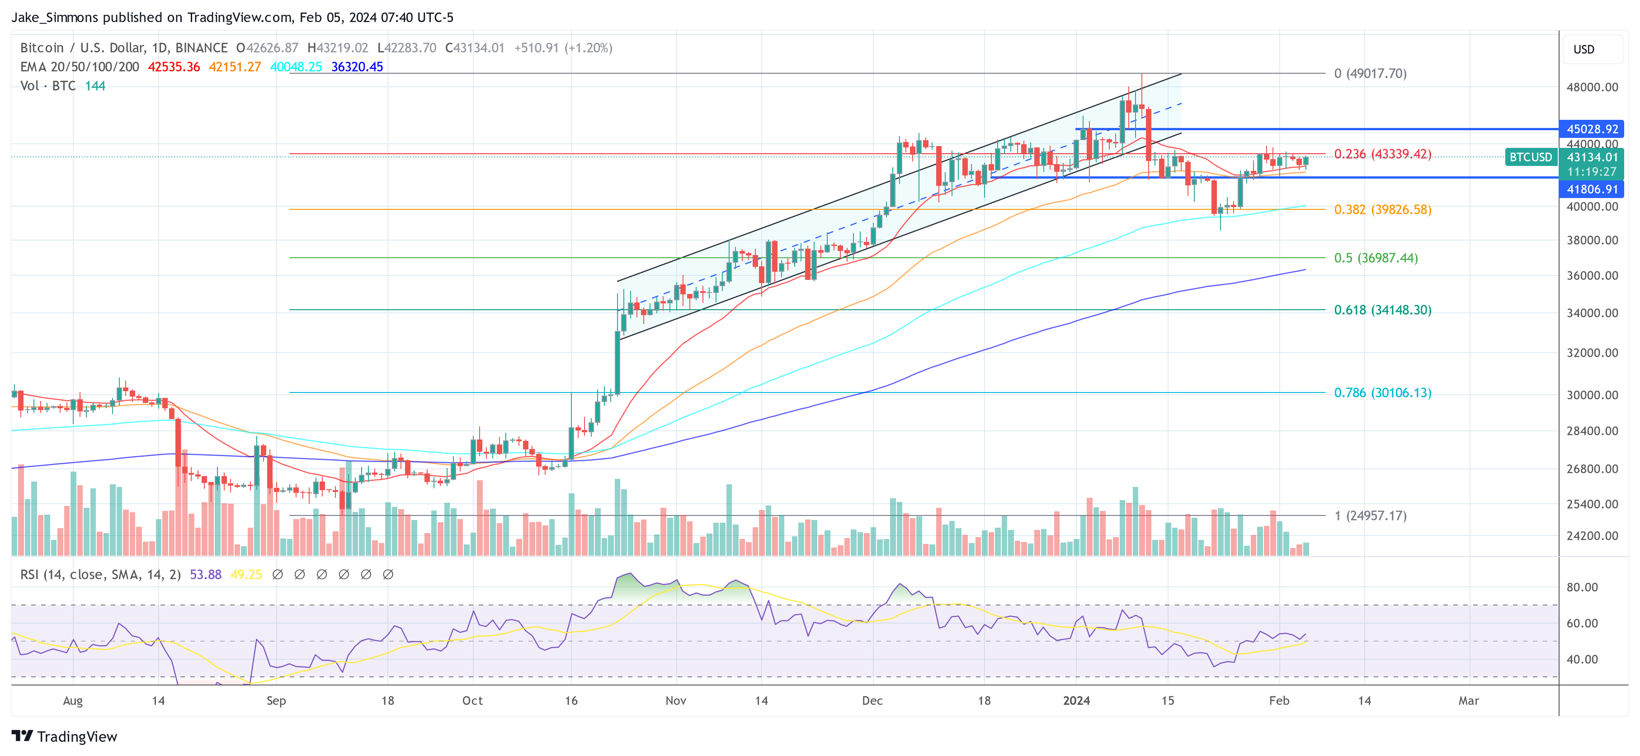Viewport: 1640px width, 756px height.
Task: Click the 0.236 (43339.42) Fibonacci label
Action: coord(1382,154)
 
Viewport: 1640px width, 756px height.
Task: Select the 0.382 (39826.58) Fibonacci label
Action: coord(1382,209)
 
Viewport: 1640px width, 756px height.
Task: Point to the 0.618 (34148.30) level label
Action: coord(1382,310)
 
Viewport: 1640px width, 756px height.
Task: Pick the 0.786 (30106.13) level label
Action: coord(1382,393)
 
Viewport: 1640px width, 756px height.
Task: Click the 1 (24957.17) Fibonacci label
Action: coord(1370,516)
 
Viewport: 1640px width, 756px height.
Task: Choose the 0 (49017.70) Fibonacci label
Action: coord(1370,73)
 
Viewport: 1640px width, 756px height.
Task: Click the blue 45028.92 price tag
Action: coord(1592,129)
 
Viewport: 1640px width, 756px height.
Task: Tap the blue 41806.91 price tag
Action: coord(1592,189)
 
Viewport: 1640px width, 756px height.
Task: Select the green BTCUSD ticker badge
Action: coord(1531,157)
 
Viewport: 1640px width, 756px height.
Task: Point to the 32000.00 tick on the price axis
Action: coord(1592,353)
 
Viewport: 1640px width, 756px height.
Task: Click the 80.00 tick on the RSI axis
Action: coord(1581,587)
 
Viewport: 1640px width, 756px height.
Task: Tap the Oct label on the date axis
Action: coord(472,700)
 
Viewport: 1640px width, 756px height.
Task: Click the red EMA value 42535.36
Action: coord(174,67)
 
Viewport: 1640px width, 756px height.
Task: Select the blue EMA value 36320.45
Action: coord(357,67)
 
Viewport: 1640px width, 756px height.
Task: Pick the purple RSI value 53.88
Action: coord(206,575)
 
